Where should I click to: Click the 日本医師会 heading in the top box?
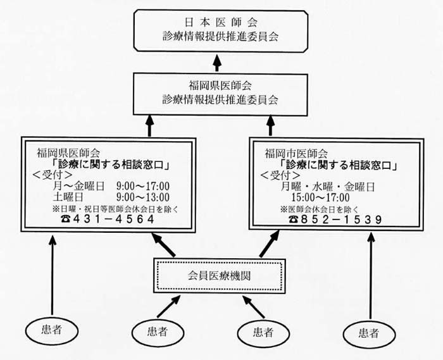221,23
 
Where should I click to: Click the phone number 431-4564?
113,219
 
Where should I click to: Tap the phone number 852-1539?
342,220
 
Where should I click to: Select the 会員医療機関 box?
219,276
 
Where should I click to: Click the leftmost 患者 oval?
52,330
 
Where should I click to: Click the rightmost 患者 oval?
369,334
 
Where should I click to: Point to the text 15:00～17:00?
320,197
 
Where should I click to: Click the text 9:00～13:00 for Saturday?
143,197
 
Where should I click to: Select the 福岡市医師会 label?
296,154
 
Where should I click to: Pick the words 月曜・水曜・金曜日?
328,187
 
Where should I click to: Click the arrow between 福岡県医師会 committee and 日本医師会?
216,63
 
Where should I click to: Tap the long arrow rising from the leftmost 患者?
53,275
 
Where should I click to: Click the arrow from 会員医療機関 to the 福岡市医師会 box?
269,244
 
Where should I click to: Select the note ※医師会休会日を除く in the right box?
320,209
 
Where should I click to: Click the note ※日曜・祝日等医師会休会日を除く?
115,209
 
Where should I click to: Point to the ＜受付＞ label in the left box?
53,175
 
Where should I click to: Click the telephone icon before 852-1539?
294,220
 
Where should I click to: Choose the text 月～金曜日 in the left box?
79,186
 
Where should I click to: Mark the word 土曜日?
68,197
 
